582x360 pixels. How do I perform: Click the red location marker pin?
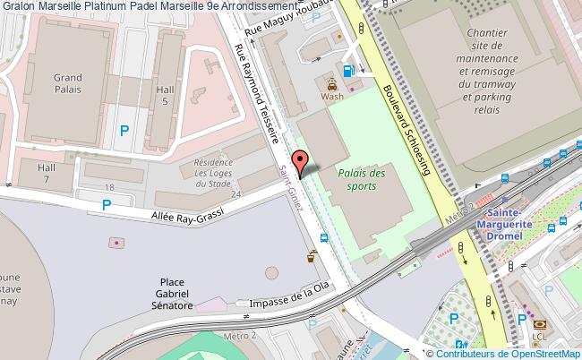303,162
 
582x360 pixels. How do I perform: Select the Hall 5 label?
163,96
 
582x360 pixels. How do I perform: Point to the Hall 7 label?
47,174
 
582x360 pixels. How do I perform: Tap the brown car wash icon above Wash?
332,81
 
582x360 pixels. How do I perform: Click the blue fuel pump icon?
347,71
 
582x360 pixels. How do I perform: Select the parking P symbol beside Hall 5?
124,131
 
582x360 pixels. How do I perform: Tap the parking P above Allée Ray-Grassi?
107,205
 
